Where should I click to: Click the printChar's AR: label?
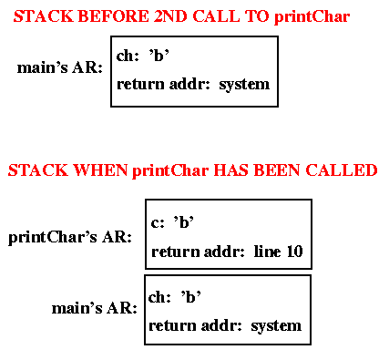pyautogui.click(x=70, y=238)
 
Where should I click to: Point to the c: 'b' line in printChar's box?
pyautogui.click(x=173, y=221)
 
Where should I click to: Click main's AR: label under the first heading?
pyautogui.click(x=59, y=67)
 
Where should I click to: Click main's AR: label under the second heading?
pyautogui.click(x=94, y=308)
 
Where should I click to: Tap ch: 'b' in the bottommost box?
pyautogui.click(x=174, y=296)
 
